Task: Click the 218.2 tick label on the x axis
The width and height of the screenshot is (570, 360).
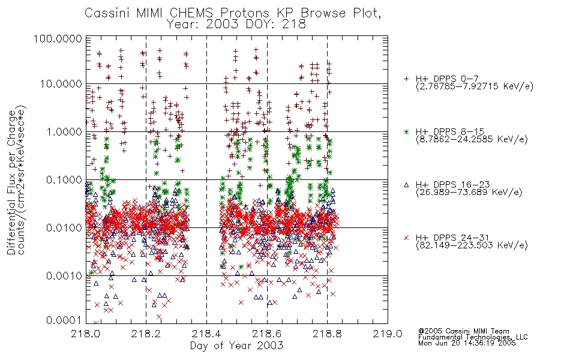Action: click(146, 334)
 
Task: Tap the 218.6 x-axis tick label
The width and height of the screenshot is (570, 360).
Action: click(267, 334)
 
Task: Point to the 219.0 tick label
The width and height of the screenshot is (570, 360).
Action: click(388, 334)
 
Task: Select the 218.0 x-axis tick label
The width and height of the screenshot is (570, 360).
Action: click(86, 334)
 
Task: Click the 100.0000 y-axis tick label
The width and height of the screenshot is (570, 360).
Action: click(58, 38)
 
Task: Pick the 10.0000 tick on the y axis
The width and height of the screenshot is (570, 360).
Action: click(61, 84)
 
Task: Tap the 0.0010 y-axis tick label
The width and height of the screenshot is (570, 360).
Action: click(64, 276)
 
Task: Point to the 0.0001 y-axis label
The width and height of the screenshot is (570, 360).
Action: click(64, 320)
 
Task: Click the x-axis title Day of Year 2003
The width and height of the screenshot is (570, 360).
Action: click(236, 346)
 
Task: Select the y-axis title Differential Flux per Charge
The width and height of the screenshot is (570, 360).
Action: click(11, 182)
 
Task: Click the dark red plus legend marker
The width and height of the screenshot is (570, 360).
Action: click(406, 79)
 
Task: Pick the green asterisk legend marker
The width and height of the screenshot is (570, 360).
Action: click(406, 131)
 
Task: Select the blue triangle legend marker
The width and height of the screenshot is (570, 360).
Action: click(406, 185)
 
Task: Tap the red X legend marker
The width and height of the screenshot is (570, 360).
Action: click(406, 238)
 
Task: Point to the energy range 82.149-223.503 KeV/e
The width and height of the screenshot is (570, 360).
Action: click(472, 245)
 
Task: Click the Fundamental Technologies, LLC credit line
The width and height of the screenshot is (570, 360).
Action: click(473, 337)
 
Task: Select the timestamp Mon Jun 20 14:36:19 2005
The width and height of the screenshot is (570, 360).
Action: click(467, 343)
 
